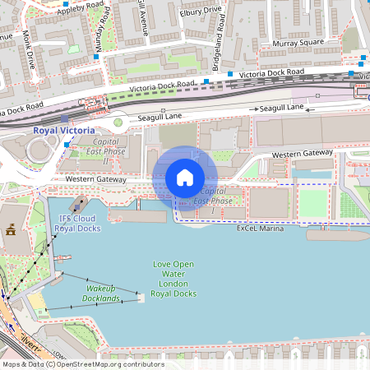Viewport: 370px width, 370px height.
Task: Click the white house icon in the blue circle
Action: click(185, 178)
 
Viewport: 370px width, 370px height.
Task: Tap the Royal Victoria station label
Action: click(63, 130)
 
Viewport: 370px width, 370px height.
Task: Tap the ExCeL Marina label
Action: click(260, 229)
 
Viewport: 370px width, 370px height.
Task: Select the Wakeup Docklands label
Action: click(103, 294)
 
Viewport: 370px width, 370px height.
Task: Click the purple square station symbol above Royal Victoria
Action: click(64, 118)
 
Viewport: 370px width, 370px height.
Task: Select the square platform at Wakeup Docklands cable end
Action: click(141, 297)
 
